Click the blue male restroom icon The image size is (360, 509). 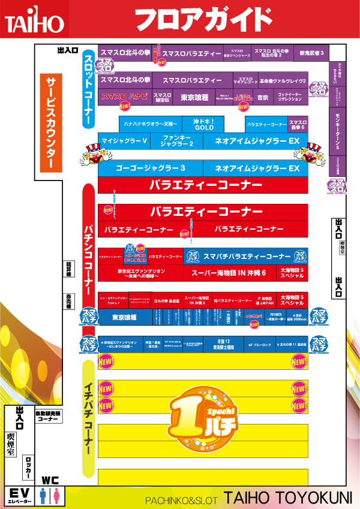pos(43,495)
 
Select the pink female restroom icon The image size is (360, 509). pos(56,495)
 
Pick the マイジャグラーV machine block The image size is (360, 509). pos(125,141)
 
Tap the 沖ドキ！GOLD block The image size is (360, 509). pos(203,124)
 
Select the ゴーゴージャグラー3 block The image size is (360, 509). pos(150,168)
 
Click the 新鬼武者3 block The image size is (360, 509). pos(312,53)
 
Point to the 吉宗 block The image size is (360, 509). pos(262,97)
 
